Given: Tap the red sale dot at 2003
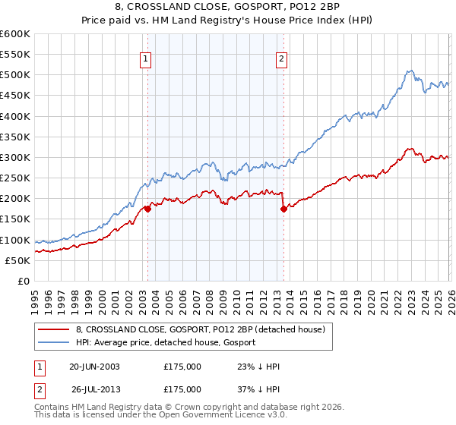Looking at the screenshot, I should [x=147, y=209].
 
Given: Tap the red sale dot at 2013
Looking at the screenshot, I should [x=283, y=209].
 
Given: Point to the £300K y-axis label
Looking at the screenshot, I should [x=15, y=157].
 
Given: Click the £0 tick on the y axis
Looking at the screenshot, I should [x=24, y=281].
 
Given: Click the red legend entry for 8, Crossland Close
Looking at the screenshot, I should [x=201, y=329].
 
